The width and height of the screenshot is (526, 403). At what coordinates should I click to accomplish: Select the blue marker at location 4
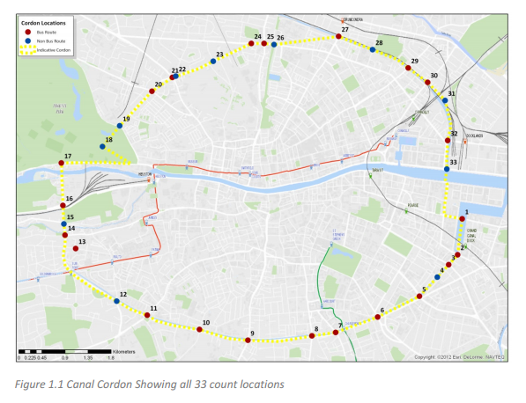coord(438,276)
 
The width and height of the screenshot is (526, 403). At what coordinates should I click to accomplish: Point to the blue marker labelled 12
coord(117,301)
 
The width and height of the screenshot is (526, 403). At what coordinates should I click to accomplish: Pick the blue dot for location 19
coord(120,126)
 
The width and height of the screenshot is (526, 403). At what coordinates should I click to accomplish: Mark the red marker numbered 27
coord(338,37)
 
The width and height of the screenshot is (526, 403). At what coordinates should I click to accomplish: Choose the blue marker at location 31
coord(445,100)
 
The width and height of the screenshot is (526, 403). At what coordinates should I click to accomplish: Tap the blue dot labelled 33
coord(447,169)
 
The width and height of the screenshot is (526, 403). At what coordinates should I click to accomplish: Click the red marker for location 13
coord(77,247)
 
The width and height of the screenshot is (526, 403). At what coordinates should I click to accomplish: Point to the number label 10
coord(205,323)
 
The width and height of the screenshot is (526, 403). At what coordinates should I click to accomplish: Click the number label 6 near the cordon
coord(382,310)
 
